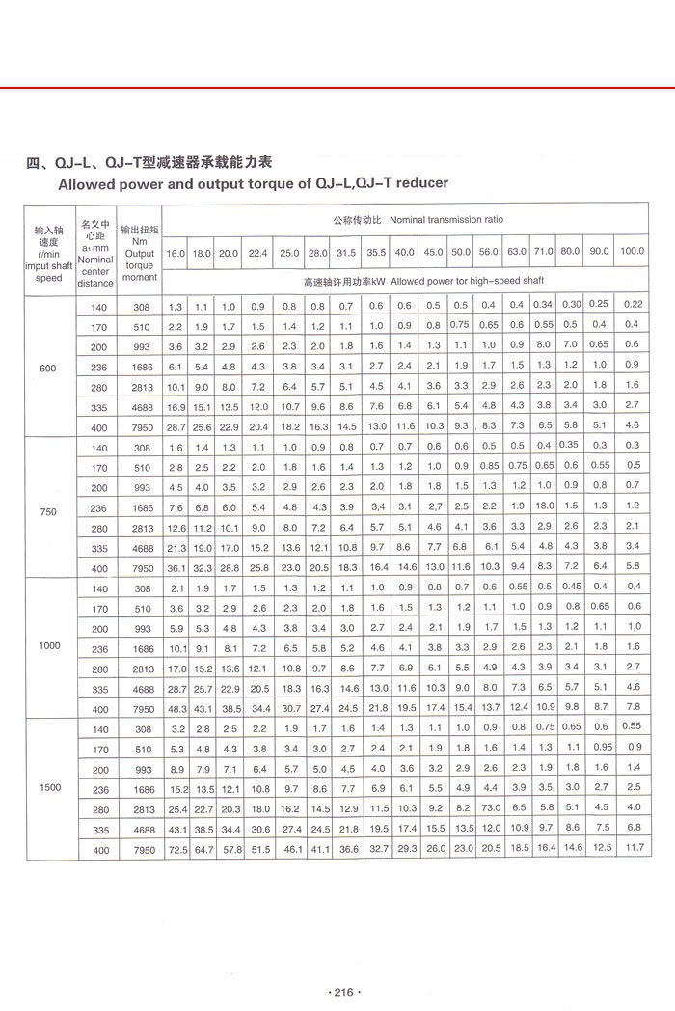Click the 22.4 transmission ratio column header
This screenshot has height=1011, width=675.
tap(257, 253)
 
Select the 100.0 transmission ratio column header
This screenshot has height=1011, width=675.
tap(632, 252)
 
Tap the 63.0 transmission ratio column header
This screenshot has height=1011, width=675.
tap(517, 252)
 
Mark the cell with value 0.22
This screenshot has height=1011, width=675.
tap(632, 305)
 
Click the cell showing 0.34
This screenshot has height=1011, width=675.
tap(544, 305)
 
